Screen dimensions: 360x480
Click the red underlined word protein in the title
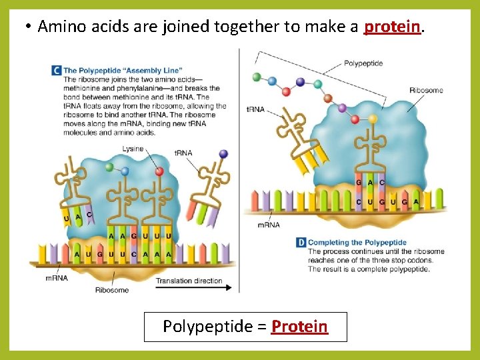coord(393,27)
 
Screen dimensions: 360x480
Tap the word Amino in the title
coord(63,27)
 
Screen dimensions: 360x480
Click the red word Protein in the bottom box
coord(299,327)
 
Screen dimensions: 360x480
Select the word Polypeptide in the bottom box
coord(205,327)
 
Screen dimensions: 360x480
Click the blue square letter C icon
coord(57,70)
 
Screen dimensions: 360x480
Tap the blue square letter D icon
coord(301,243)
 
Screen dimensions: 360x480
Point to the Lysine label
coord(133,149)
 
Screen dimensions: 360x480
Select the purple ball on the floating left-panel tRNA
coord(223,153)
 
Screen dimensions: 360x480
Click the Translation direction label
coord(189,281)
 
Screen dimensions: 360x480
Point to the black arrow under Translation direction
coord(193,288)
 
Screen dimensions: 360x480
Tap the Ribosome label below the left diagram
coord(111,290)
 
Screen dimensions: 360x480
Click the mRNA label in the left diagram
coord(57,278)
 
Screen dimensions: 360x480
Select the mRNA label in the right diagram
coord(269,225)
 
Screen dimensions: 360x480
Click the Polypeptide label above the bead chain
coord(363,63)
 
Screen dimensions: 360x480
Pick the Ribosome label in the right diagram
coord(426,90)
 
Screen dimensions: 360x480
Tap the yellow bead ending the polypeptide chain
coord(373,119)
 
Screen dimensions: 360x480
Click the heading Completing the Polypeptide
coord(357,243)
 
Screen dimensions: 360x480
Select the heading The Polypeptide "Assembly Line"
coord(123,70)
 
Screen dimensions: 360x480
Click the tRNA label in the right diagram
coord(255,109)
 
